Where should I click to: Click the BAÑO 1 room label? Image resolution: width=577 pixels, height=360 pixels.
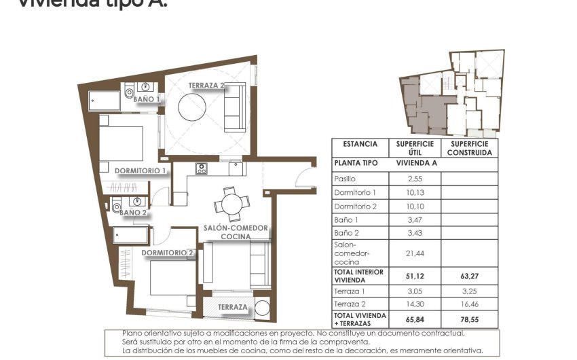[147, 99]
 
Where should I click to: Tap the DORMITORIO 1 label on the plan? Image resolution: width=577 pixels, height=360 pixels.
[141, 170]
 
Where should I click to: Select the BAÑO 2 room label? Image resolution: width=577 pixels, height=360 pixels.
[134, 213]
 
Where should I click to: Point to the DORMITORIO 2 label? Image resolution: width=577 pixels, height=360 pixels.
[168, 253]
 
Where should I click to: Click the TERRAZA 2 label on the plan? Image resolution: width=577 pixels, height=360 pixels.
[206, 86]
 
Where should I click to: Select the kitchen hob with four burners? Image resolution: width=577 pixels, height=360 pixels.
[202, 168]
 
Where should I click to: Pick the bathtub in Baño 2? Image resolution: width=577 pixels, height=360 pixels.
[132, 235]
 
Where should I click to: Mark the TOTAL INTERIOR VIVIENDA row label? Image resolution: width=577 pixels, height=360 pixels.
[359, 275]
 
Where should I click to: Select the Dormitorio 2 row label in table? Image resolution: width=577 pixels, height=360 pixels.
[355, 206]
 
